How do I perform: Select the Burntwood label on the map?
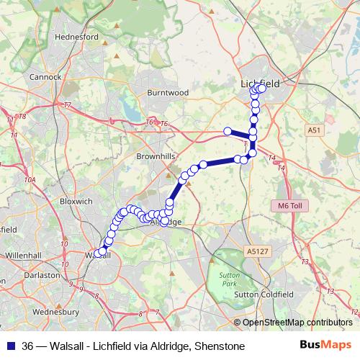[167, 93]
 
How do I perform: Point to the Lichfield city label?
[260, 84]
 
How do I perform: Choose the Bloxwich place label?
[77, 202]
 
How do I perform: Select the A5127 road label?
[256, 251]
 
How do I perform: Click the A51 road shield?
[312, 130]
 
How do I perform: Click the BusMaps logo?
[324, 346]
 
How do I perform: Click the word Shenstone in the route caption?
[220, 346]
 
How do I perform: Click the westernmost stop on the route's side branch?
[228, 131]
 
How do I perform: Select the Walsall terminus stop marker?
[98, 253]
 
